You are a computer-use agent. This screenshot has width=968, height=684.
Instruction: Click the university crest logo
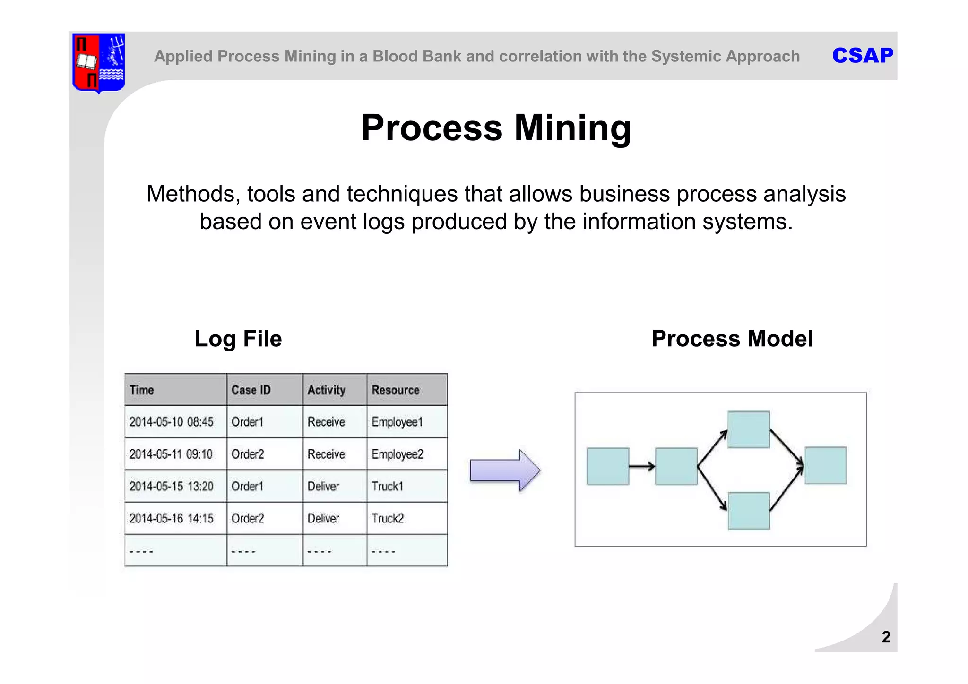click(x=98, y=62)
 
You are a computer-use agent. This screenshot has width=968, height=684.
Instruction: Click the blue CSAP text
click(x=863, y=56)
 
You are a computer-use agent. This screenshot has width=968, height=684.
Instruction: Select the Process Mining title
click(x=496, y=128)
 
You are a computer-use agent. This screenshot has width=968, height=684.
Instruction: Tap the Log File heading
click(x=238, y=339)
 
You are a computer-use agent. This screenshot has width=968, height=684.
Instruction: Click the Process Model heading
click(x=732, y=339)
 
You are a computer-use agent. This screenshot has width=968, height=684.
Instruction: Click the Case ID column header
click(x=251, y=390)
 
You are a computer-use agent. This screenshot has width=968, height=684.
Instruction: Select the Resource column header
click(x=396, y=390)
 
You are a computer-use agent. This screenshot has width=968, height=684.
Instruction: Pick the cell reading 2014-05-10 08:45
click(x=171, y=422)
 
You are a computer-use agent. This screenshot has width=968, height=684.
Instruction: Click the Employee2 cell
click(x=398, y=454)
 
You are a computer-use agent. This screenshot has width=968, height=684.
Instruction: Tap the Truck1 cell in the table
click(x=388, y=486)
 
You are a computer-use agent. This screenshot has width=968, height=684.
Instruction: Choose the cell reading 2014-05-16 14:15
click(x=171, y=519)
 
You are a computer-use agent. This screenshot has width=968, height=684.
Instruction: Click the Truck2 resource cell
click(x=388, y=519)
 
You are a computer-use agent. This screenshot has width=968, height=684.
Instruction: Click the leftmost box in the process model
click(x=608, y=466)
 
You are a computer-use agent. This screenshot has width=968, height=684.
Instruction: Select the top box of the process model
click(x=749, y=429)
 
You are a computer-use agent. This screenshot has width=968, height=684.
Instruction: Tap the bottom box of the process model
click(x=749, y=511)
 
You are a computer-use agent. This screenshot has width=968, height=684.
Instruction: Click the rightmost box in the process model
click(x=825, y=465)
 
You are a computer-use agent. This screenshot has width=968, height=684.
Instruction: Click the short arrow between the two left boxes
click(x=642, y=467)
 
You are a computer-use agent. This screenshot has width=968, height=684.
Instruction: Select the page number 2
click(x=886, y=637)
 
